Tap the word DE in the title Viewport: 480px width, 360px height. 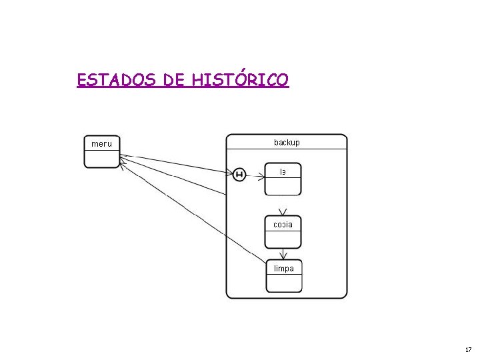tap(174, 81)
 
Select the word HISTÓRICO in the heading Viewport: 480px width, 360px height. tap(240, 81)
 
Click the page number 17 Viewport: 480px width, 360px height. tap(468, 349)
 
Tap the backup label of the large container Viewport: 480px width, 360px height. tap(287, 142)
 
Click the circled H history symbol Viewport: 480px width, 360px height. tap(240, 175)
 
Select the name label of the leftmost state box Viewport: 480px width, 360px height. tap(101, 143)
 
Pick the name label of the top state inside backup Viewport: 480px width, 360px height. tap(283, 171)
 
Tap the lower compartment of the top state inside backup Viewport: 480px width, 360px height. tap(283, 186)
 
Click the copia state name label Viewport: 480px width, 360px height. tap(283, 224)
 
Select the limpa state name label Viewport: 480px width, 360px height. tap(284, 268)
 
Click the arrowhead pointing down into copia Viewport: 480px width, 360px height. tap(283, 211)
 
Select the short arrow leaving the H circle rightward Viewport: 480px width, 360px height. tap(254, 175)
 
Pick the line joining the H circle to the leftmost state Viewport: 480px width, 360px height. tap(177, 165)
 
